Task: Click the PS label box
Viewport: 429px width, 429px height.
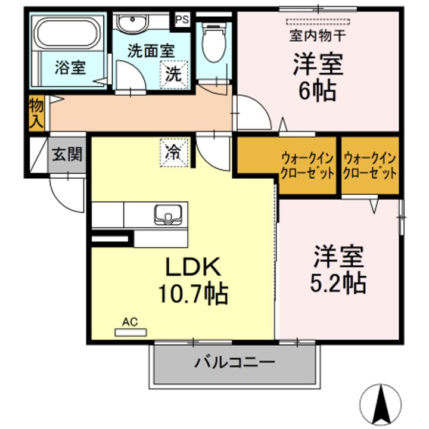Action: [x=182, y=19]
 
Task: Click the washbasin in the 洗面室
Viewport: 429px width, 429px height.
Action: [x=133, y=24]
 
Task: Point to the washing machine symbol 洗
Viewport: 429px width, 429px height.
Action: [x=175, y=74]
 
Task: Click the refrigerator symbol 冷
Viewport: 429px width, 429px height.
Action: [x=174, y=151]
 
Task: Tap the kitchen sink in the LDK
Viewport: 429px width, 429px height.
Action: [x=170, y=214]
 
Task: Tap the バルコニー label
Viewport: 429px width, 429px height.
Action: [x=234, y=363]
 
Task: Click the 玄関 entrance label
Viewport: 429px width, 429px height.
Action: [x=66, y=156]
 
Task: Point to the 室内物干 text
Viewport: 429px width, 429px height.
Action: [x=317, y=35]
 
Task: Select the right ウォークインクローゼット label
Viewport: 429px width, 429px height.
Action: [x=370, y=166]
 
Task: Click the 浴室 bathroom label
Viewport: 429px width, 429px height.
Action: [x=70, y=67]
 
